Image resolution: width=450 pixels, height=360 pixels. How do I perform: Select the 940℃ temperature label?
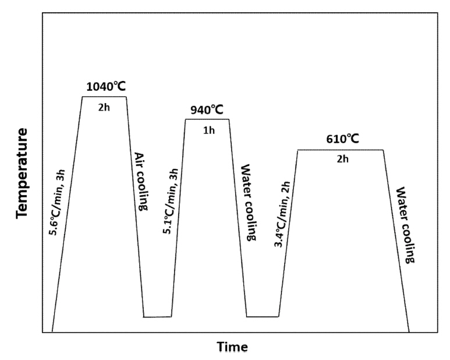(207, 110)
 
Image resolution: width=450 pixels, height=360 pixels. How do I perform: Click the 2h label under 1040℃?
(105, 107)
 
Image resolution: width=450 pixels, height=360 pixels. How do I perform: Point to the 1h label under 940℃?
(208, 130)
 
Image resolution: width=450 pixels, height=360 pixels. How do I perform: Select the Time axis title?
(233, 347)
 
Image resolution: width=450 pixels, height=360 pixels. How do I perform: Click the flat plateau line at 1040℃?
(104, 97)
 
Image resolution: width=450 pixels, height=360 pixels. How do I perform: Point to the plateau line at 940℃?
(207, 119)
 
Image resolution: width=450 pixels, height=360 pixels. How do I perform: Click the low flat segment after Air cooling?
(157, 317)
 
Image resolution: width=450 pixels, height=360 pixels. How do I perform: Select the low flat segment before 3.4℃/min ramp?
(263, 317)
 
